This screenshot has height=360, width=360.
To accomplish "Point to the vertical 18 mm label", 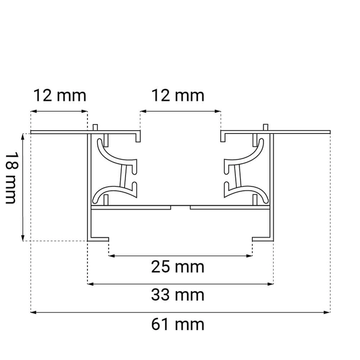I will [10, 178].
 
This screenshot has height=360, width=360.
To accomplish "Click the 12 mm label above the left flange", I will [60, 95].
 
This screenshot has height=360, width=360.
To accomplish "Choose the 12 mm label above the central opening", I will [178, 95].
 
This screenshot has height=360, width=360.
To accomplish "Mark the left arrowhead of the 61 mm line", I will [34, 312].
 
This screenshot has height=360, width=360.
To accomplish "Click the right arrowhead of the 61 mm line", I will [328, 312].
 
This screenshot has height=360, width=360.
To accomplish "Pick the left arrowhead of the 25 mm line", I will [111, 256].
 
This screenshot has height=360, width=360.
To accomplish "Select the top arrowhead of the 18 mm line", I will [23, 136].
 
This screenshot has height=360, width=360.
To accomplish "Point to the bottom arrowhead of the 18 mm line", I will [23, 238].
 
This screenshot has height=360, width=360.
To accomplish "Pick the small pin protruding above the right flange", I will [265, 127].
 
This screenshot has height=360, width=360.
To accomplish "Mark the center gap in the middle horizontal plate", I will [181, 206].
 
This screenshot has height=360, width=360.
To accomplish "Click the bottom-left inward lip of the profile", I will [100, 239].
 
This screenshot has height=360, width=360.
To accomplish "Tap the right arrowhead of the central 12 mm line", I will [218, 112].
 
